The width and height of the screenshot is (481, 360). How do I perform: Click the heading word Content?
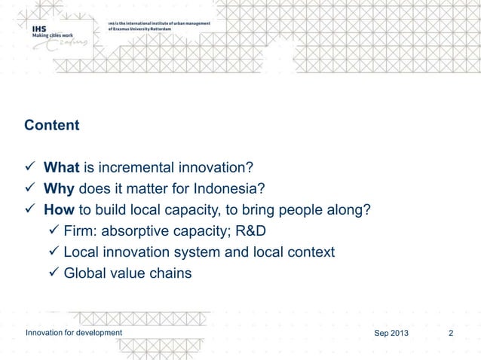pyautogui.click(x=51, y=125)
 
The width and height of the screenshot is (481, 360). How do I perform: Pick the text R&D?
pyautogui.click(x=257, y=230)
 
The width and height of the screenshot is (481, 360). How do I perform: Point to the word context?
pyautogui.click(x=310, y=252)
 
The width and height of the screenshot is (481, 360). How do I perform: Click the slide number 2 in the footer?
pyautogui.click(x=450, y=334)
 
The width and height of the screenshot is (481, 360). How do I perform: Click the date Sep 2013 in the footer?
pyautogui.click(x=393, y=334)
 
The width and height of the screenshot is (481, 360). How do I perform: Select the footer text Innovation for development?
pyautogui.click(x=73, y=334)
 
